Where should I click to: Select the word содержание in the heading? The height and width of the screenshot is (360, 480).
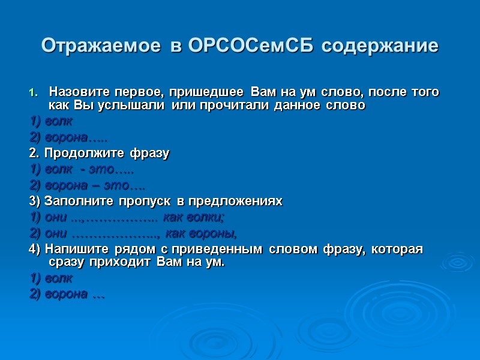pyautogui.click(x=380, y=46)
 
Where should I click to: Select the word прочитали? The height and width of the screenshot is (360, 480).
pyautogui.click(x=235, y=106)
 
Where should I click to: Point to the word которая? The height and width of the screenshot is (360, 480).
pyautogui.click(x=400, y=248)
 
